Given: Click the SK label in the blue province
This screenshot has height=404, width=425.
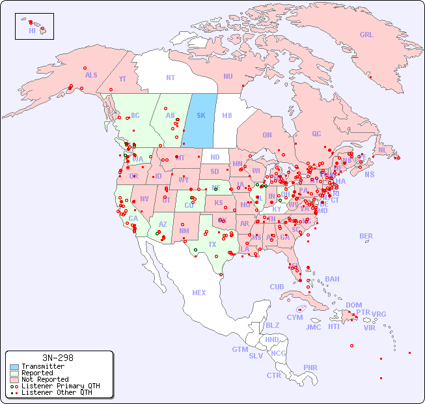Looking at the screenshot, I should tap(200, 115).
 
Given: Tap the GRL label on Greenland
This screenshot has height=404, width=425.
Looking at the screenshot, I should tap(366, 35).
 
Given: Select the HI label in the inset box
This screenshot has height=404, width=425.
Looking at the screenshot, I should tap(32, 31).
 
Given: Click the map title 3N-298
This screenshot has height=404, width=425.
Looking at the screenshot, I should tap(57, 358).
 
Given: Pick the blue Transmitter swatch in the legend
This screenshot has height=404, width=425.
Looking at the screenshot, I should tap(14, 367).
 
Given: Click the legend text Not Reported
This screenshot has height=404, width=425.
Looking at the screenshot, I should tap(45, 379).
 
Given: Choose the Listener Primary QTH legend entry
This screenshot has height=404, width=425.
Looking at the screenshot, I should tap(60, 386).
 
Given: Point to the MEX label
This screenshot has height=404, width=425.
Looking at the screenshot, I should tap(199, 293).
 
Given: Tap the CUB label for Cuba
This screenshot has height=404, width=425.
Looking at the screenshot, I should tap(277, 287).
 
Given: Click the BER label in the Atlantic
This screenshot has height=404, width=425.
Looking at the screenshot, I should tap(366, 236).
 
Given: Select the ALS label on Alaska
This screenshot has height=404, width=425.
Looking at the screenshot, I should tap(91, 75).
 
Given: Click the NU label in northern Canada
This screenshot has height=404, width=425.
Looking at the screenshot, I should tap(228, 76).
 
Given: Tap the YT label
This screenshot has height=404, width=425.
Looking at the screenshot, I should tap(122, 79).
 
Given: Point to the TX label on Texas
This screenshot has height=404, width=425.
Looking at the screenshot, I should tap(212, 244).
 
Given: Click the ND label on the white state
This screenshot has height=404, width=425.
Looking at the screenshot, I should tap(215, 157).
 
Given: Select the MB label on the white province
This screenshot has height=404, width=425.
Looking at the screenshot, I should tap(226, 115).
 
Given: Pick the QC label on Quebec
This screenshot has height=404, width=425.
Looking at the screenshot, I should tap(316, 134).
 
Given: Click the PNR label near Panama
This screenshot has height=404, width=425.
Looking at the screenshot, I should tap(310, 368).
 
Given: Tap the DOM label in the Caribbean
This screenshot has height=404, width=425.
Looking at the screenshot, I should tap(353, 305).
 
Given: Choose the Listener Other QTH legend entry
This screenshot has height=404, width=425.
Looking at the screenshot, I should tap(56, 392).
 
